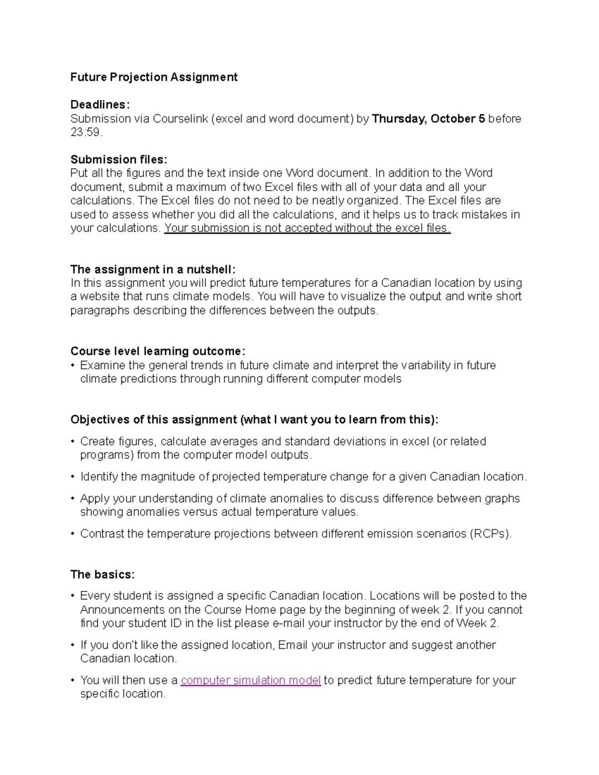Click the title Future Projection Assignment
pos(154,77)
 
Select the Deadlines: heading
pos(100,105)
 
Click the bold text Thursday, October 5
pos(428,119)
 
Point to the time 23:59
pos(85,132)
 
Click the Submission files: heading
pos(119,160)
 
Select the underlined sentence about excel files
pos(307,228)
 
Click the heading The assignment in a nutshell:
pos(152,269)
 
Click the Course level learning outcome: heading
pos(158,351)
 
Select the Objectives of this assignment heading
pos(254,420)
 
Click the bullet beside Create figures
pos(73,442)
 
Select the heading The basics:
pos(102,574)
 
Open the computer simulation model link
pos(251,680)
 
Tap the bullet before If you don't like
pos(73,645)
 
